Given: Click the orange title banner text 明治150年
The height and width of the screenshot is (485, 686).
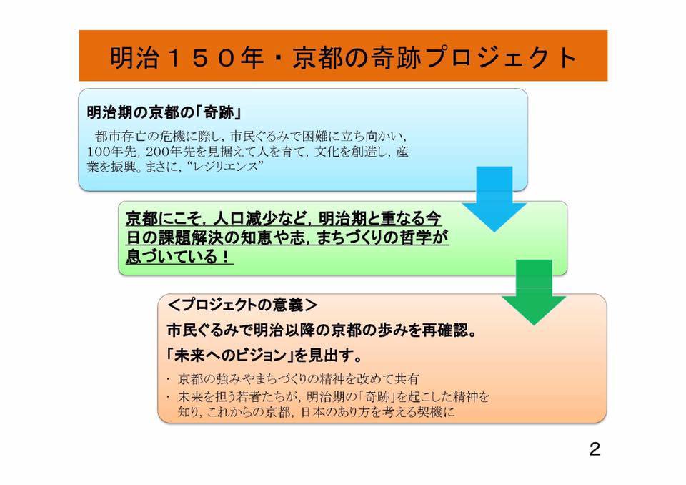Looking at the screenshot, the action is coord(187,57).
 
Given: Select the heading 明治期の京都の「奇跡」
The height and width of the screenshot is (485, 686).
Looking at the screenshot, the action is coord(165,112).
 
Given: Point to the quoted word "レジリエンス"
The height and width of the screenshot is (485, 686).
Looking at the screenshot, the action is coord(227,167).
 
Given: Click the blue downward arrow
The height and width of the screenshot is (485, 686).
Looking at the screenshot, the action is coord(494,199).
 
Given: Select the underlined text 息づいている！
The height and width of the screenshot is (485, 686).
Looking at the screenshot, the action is coord(179,256).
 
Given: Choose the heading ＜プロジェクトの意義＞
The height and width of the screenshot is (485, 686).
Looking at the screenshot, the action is coord(242,305).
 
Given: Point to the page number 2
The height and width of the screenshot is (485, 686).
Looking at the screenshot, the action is coord(595,449).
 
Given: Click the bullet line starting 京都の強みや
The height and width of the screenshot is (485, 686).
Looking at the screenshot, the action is coord(299,378).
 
